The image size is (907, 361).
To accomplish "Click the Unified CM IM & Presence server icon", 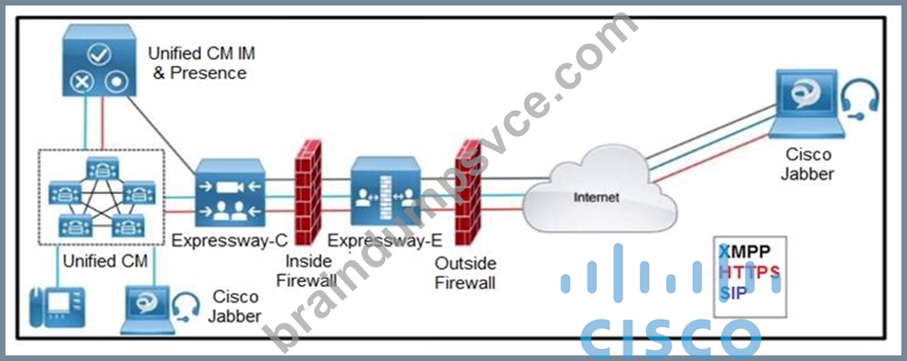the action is [100, 60].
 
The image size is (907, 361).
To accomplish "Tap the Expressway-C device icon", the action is [231, 193].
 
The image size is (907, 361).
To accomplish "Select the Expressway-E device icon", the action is [385, 191].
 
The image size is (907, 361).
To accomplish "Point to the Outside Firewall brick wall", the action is [468, 191].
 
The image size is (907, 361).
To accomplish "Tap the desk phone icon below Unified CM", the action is [58, 307].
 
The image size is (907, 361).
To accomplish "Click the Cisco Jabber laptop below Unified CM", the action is [147, 310].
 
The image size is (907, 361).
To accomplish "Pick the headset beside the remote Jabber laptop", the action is [861, 99].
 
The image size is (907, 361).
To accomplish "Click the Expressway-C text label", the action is [230, 241].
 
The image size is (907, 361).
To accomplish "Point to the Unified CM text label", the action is [105, 261].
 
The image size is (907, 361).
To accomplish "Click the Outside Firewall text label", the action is [465, 274].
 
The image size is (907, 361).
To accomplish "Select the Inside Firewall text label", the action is [307, 270].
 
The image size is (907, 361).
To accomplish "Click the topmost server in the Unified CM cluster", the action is [103, 168].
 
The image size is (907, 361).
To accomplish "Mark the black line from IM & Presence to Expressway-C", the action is [162, 135].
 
